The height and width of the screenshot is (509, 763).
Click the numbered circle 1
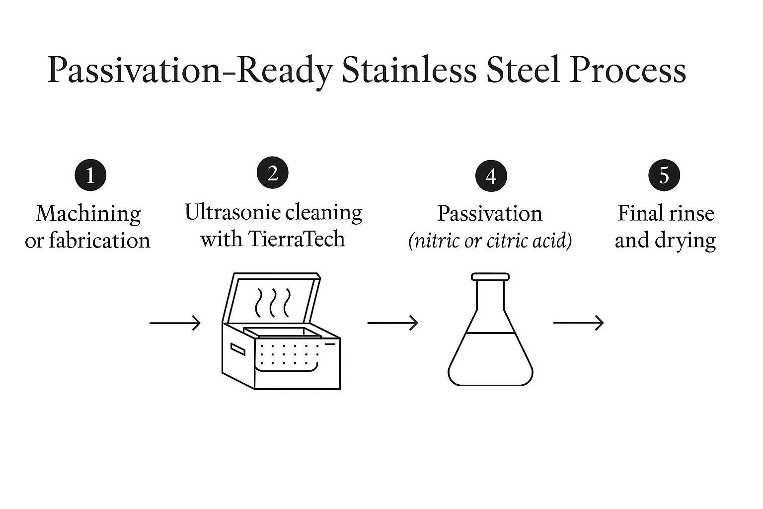[x=90, y=175]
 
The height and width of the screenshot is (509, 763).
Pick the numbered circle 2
[x=272, y=173]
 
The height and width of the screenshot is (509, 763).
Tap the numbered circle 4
[x=491, y=176]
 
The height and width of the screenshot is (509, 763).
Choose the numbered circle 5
[x=664, y=175]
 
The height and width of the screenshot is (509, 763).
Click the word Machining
[x=88, y=214]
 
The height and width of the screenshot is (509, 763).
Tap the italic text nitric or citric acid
[x=490, y=241]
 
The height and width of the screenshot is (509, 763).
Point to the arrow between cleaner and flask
[x=392, y=323]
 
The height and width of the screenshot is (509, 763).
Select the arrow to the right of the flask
[x=578, y=323]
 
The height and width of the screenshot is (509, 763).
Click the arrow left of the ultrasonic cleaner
[x=175, y=323]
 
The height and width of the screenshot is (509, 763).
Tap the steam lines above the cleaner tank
[x=272, y=303]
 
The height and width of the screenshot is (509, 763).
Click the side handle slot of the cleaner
[x=237, y=349]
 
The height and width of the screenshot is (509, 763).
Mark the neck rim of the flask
[x=490, y=276]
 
